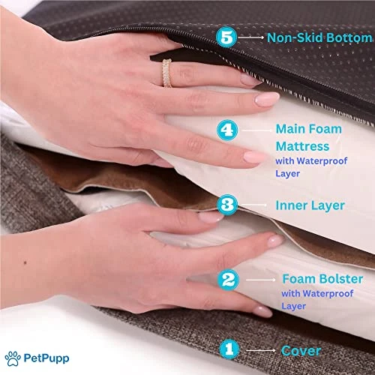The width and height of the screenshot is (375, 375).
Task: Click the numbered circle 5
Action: click(x=226, y=37)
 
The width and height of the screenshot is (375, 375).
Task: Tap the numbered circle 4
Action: click(x=227, y=130)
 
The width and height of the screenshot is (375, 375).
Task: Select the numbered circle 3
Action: click(x=227, y=205)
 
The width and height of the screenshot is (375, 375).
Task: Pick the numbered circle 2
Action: click(x=228, y=280)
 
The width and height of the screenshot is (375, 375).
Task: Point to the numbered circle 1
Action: click(x=229, y=349)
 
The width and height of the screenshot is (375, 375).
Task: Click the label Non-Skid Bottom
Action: click(x=319, y=37)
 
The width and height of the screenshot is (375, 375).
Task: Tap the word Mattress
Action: click(x=302, y=146)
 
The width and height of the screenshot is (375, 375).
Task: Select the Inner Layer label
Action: click(x=310, y=205)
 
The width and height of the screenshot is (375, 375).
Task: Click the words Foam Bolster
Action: click(x=322, y=279)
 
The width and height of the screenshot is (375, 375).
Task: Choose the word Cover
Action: click(x=301, y=351)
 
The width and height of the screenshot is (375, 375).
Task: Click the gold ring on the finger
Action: click(x=166, y=73)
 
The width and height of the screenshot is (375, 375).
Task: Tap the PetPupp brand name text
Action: click(x=46, y=358)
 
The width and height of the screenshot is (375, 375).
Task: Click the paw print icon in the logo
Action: click(x=13, y=358)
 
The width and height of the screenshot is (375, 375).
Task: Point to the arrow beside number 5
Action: click(x=250, y=37)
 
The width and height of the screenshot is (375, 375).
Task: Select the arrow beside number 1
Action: click(x=261, y=350)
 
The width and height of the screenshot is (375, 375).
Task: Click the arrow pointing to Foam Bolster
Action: click(x=261, y=280)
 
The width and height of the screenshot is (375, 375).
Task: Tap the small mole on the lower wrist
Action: click(x=25, y=262)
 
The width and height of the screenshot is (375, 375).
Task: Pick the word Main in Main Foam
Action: click(x=290, y=129)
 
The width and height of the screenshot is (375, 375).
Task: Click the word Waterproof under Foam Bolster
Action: click(x=329, y=294)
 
